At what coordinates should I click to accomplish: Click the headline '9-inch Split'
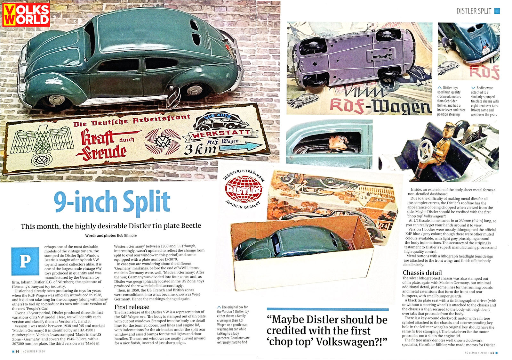pyautogui.click(x=112, y=201)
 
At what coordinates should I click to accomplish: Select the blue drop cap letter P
pyautogui.click(x=25, y=261)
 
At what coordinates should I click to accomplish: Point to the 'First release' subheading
pyautogui.click(x=132, y=307)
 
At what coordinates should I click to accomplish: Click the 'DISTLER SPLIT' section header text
pyautogui.click(x=474, y=11)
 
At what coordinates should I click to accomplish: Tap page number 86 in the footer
pyautogui.click(x=17, y=351)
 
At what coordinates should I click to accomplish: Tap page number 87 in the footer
pyautogui.click(x=492, y=353)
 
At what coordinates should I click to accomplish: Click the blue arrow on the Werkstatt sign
pyautogui.click(x=248, y=147)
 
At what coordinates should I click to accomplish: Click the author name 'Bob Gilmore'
pyautogui.click(x=127, y=235)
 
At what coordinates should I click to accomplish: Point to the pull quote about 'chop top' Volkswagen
pyautogui.click(x=327, y=331)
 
